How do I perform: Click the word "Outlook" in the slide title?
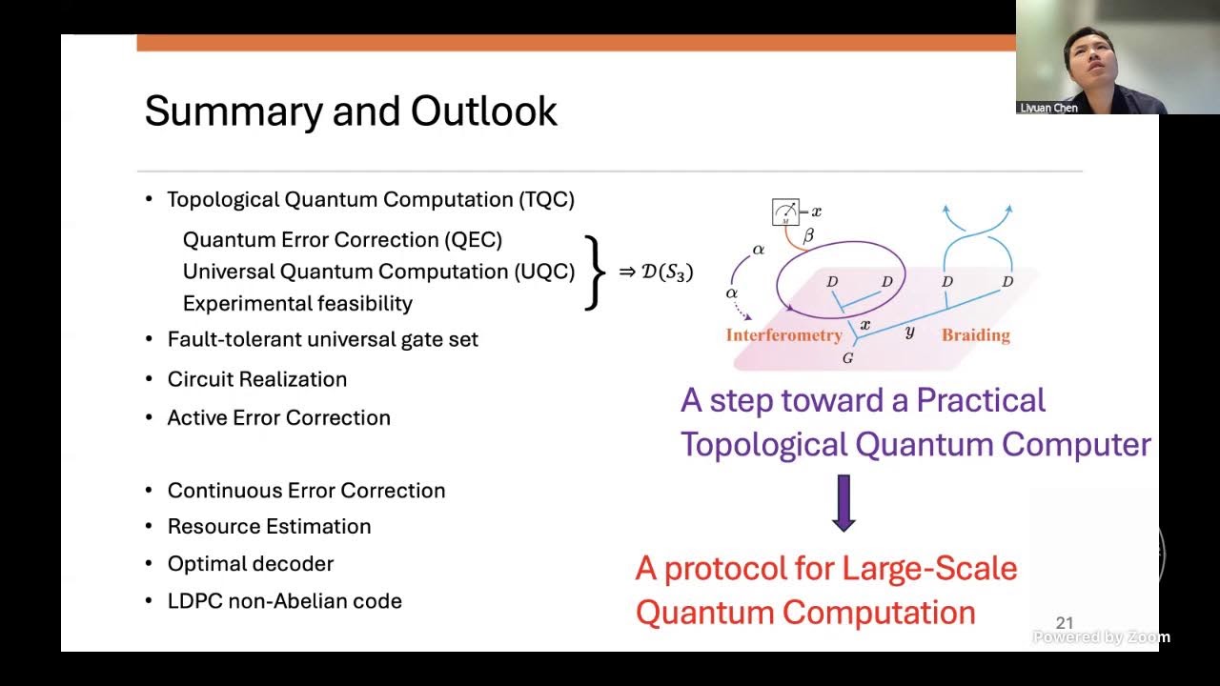coord(484,111)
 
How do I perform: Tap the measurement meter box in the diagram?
coord(786,212)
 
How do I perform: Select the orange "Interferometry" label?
coord(783,334)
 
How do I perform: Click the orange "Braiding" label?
coord(975,334)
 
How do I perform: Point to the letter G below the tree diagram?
coord(847,359)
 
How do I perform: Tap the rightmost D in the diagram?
coord(1007,282)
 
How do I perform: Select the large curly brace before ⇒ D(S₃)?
coord(595,272)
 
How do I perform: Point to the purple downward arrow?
coord(844,504)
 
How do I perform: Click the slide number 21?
coord(1065,623)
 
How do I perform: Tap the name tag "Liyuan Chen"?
coord(1048,108)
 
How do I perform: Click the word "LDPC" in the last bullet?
coord(194,601)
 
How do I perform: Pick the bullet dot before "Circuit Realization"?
coord(149,379)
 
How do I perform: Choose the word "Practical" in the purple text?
coord(981,400)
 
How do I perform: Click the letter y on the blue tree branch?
coord(909,333)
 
